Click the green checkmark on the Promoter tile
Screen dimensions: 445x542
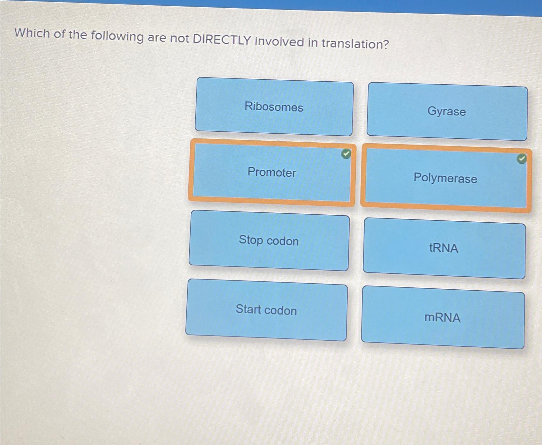coord(346,154)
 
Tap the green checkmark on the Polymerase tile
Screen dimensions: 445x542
coord(521,159)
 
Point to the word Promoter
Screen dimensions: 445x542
coord(272,172)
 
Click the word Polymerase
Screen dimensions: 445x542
coord(445,178)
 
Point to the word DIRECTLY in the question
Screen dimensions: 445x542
coord(222,40)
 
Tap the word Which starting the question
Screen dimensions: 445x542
coord(32,33)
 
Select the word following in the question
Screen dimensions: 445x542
coord(117,36)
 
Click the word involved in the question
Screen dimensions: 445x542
coord(279,41)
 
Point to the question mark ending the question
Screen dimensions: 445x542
coord(386,44)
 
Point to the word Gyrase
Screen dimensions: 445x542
coord(447,111)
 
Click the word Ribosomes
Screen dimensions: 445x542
coord(274,107)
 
